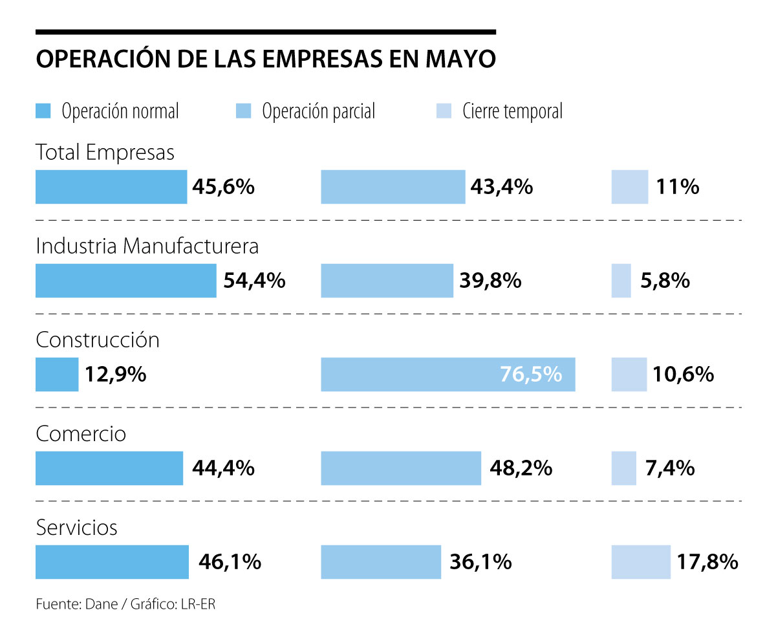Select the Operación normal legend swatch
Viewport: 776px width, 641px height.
[x=43, y=111]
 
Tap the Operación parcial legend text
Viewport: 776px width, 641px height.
[x=318, y=111]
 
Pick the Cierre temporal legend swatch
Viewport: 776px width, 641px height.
[x=444, y=111]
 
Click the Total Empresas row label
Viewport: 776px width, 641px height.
[x=105, y=153]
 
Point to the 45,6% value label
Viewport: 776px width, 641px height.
[x=223, y=187]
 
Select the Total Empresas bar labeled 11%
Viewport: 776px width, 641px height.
[x=629, y=187]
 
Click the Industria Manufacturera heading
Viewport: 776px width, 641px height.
[x=147, y=246]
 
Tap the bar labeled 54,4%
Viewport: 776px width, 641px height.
[x=125, y=281]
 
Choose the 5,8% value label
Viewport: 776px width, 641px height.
[x=664, y=281]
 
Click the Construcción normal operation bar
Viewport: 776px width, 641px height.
[x=57, y=375]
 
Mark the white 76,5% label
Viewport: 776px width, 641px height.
[x=531, y=375]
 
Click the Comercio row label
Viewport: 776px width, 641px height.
[x=81, y=433]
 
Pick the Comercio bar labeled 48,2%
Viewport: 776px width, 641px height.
[x=401, y=468]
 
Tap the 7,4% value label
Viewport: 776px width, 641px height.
[x=669, y=468]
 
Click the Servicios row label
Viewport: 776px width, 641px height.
[x=77, y=528]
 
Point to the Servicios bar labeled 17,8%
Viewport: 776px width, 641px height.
[x=641, y=561]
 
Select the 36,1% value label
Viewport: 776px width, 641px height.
[x=480, y=561]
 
